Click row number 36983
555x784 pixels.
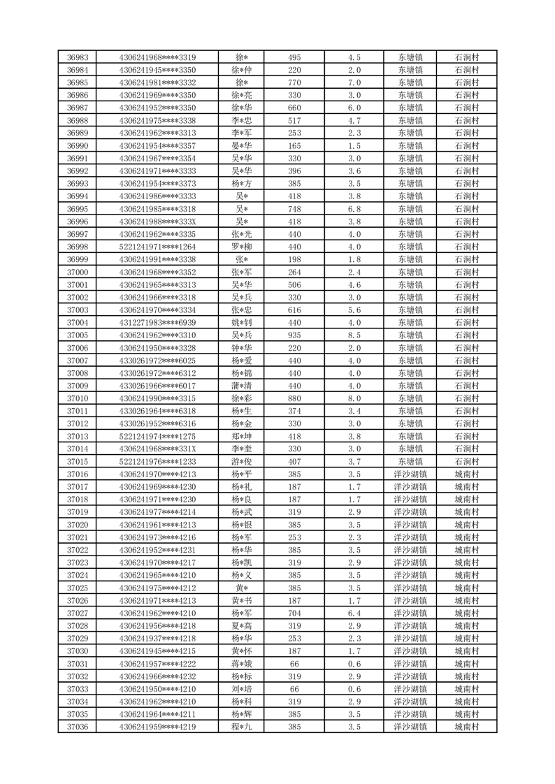click(x=78, y=57)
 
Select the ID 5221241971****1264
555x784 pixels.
click(x=157, y=247)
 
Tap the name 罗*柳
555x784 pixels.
click(x=242, y=247)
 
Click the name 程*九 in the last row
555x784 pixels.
click(x=242, y=727)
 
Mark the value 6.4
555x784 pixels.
click(x=354, y=614)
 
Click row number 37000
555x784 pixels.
click(x=78, y=272)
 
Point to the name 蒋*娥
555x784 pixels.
click(x=242, y=664)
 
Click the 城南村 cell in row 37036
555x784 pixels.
click(x=466, y=727)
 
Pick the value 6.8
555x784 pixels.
click(x=354, y=209)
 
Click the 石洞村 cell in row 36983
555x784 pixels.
click(x=466, y=57)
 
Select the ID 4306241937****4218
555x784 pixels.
click(x=157, y=639)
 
